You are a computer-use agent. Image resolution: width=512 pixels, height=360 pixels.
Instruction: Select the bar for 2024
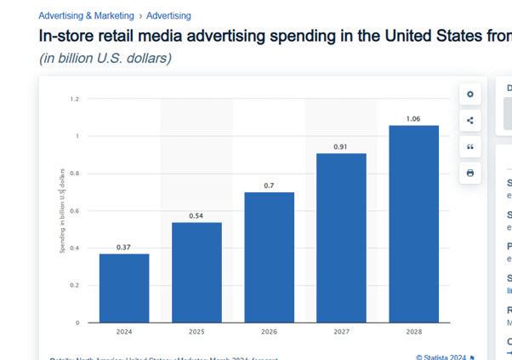click(124, 288)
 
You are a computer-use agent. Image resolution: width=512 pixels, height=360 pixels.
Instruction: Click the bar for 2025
click(196, 272)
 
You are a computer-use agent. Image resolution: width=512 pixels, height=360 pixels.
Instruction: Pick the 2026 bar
click(269, 257)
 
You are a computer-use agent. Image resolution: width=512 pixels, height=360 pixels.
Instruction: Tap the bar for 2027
click(341, 237)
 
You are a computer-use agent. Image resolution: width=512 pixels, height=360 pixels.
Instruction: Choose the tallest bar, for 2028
click(413, 224)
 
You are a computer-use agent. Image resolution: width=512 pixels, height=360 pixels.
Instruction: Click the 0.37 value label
click(124, 248)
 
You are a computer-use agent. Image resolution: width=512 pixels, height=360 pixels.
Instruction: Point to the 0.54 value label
click(196, 216)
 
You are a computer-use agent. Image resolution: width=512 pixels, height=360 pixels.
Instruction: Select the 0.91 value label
click(341, 147)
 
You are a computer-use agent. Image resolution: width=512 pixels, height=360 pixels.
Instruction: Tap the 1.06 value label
click(413, 119)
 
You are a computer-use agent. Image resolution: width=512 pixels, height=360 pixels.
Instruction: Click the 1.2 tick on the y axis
click(74, 99)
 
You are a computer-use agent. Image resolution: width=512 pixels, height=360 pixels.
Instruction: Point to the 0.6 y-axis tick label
click(74, 211)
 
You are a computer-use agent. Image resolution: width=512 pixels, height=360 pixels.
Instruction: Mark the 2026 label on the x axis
click(269, 331)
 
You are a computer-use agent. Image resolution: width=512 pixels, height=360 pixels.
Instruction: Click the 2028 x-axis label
click(413, 331)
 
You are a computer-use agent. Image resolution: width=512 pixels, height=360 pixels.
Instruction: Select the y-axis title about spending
click(62, 210)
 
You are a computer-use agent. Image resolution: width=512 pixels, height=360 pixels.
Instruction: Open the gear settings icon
click(469, 94)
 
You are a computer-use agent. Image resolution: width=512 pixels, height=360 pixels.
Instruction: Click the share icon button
click(469, 121)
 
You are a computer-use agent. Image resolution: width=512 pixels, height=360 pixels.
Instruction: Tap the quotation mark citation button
click(469, 147)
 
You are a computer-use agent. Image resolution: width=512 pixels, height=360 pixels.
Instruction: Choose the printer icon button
click(469, 174)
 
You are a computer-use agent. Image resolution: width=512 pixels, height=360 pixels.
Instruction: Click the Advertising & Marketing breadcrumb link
click(86, 15)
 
